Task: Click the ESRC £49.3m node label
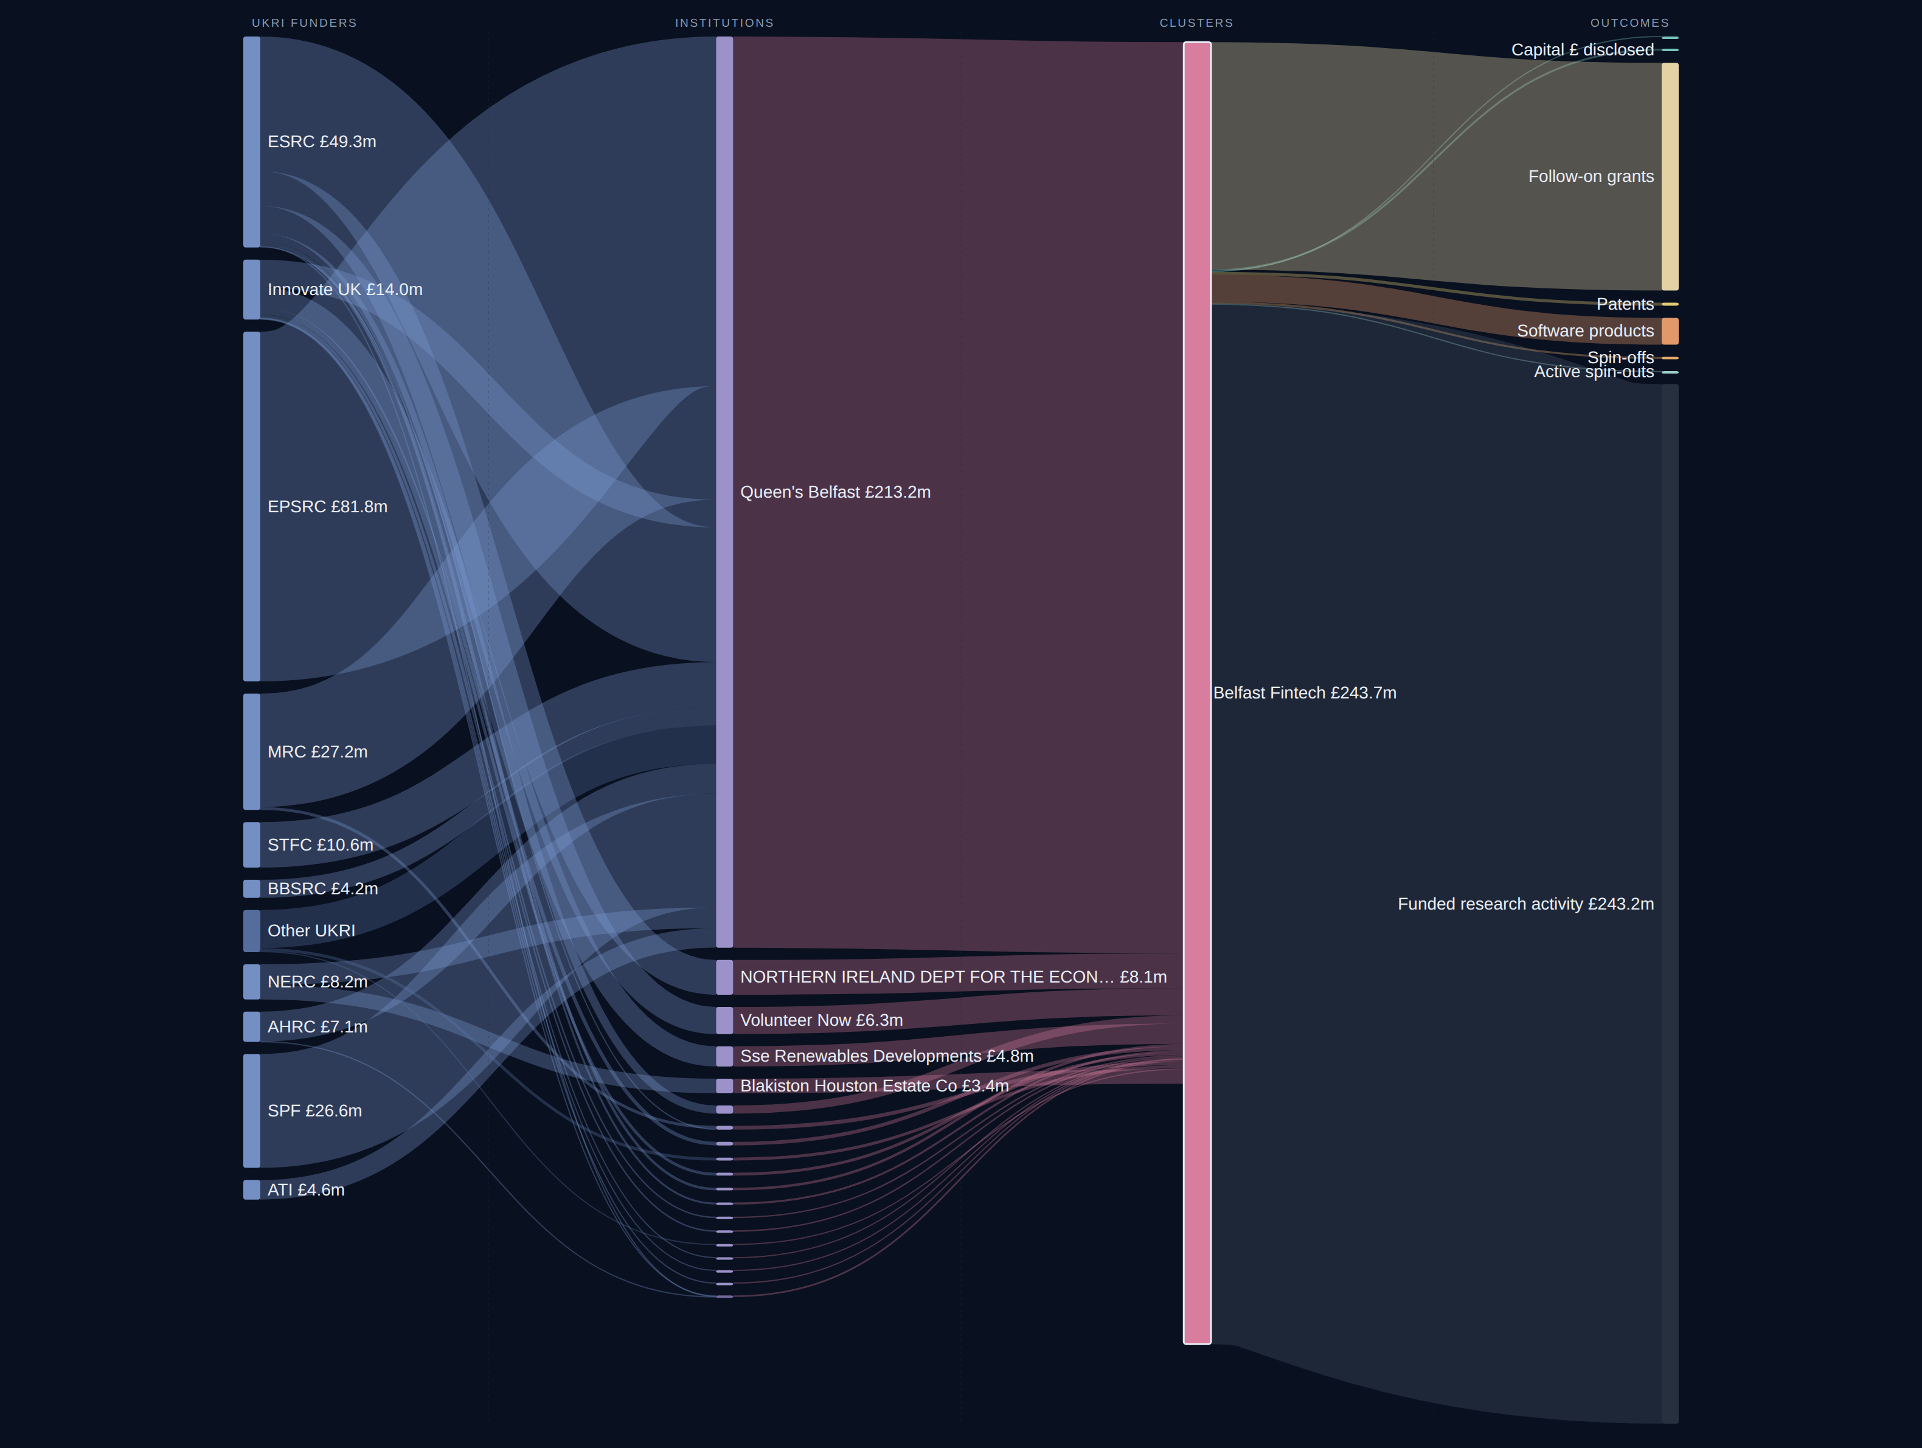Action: (322, 142)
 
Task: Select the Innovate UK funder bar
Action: (252, 290)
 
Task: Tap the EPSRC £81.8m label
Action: (328, 507)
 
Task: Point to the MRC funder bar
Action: (252, 752)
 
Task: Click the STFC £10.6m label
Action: (321, 845)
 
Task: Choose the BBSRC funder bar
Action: (252, 888)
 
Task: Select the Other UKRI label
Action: (311, 931)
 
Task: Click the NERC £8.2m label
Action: (317, 982)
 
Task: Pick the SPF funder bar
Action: (252, 1111)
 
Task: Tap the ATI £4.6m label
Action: (306, 1190)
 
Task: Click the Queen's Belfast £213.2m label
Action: (835, 492)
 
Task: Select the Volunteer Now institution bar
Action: (724, 1020)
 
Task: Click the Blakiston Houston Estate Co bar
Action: (724, 1085)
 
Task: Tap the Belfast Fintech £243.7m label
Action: (1304, 693)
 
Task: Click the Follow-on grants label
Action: (1591, 176)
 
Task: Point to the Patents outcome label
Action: (1625, 304)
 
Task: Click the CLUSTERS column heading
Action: (1196, 23)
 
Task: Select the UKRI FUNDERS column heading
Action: (304, 23)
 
